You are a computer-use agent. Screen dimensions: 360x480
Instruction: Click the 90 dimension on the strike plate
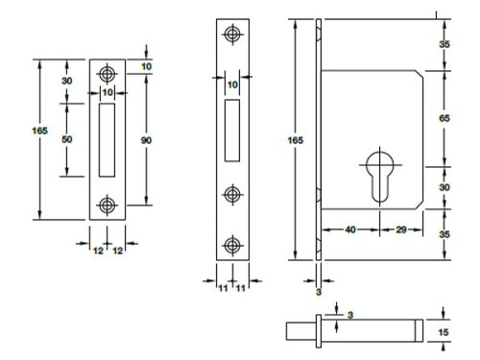tap(146, 140)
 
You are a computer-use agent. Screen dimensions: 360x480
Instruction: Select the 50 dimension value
tap(67, 140)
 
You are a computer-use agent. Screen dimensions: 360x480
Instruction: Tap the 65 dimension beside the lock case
tap(444, 117)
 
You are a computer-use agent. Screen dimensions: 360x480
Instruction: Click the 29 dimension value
tap(402, 230)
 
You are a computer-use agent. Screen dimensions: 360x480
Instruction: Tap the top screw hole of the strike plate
tap(107, 73)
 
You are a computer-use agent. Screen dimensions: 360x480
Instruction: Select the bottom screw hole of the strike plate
tap(107, 205)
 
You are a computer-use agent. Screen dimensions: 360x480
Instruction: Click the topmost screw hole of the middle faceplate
tap(230, 35)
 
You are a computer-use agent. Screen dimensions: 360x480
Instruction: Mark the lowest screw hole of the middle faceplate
tap(230, 243)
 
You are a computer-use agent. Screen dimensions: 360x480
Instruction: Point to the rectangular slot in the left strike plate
tap(107, 140)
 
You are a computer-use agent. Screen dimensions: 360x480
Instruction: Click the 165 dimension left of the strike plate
tap(39, 131)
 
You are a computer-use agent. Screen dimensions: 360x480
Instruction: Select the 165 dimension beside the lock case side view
tap(297, 140)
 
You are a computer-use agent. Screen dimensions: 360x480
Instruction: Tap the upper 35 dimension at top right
tap(444, 44)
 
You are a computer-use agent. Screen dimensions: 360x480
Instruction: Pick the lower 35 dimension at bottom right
tap(444, 234)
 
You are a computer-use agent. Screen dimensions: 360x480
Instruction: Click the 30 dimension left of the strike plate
tap(67, 82)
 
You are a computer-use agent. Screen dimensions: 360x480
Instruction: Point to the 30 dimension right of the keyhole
tap(444, 187)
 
